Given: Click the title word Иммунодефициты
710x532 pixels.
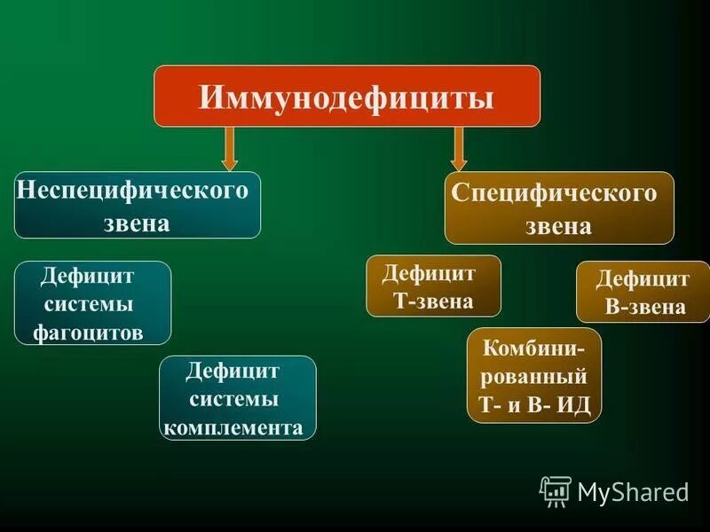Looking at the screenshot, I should click(347, 96).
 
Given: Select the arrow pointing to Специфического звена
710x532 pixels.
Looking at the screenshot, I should click(458, 148).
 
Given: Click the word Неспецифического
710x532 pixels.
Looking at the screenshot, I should click(132, 190).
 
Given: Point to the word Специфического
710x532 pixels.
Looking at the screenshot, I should click(555, 193).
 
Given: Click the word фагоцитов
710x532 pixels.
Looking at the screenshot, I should click(88, 332).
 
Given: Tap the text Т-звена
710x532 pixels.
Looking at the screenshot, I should click(433, 301).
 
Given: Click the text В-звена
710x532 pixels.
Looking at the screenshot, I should click(645, 308).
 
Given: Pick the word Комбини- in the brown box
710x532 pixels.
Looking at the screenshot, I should click(533, 346).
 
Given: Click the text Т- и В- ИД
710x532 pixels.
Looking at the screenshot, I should click(533, 404).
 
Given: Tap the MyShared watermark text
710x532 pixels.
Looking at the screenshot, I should click(633, 491).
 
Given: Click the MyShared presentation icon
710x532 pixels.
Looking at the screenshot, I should click(556, 490).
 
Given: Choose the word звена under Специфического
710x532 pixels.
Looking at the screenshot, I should click(558, 226).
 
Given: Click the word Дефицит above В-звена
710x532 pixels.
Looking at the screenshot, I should click(643, 279).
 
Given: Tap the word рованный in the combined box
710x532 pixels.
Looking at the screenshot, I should click(533, 375).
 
